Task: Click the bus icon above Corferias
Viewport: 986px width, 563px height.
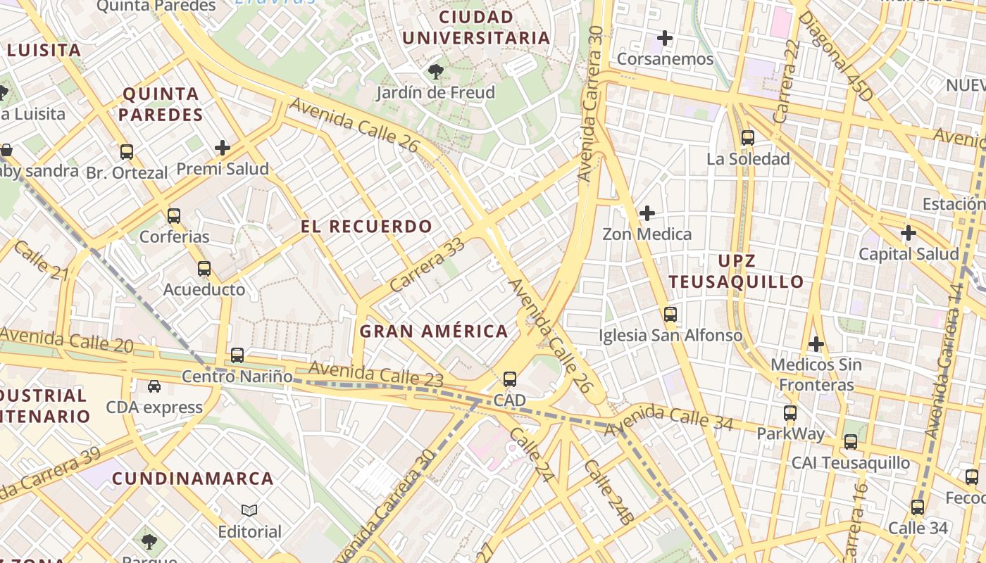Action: (173, 216)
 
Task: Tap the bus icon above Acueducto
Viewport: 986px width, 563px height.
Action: (204, 269)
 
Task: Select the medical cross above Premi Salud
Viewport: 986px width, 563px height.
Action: (223, 148)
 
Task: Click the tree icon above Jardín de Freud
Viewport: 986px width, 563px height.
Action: (436, 71)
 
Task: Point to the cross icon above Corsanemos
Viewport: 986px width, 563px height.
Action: (664, 38)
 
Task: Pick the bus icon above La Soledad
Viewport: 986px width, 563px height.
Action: (748, 138)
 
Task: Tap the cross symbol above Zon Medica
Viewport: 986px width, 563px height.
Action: (647, 213)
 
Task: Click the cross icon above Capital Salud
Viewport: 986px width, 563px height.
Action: (909, 233)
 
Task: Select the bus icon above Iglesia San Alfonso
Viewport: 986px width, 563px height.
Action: (670, 315)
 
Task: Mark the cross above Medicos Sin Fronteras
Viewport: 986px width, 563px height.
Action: (816, 344)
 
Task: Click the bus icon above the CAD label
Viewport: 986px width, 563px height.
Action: (510, 379)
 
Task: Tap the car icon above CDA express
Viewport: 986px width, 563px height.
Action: (154, 386)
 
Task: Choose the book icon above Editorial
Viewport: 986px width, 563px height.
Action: (249, 510)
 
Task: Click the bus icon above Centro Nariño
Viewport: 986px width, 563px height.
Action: (237, 355)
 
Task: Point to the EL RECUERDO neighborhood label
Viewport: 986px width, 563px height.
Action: (366, 227)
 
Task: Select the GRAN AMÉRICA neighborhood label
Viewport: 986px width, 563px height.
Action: (434, 331)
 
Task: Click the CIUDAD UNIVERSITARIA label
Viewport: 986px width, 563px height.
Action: (476, 27)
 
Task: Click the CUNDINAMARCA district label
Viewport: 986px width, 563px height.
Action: (193, 479)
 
